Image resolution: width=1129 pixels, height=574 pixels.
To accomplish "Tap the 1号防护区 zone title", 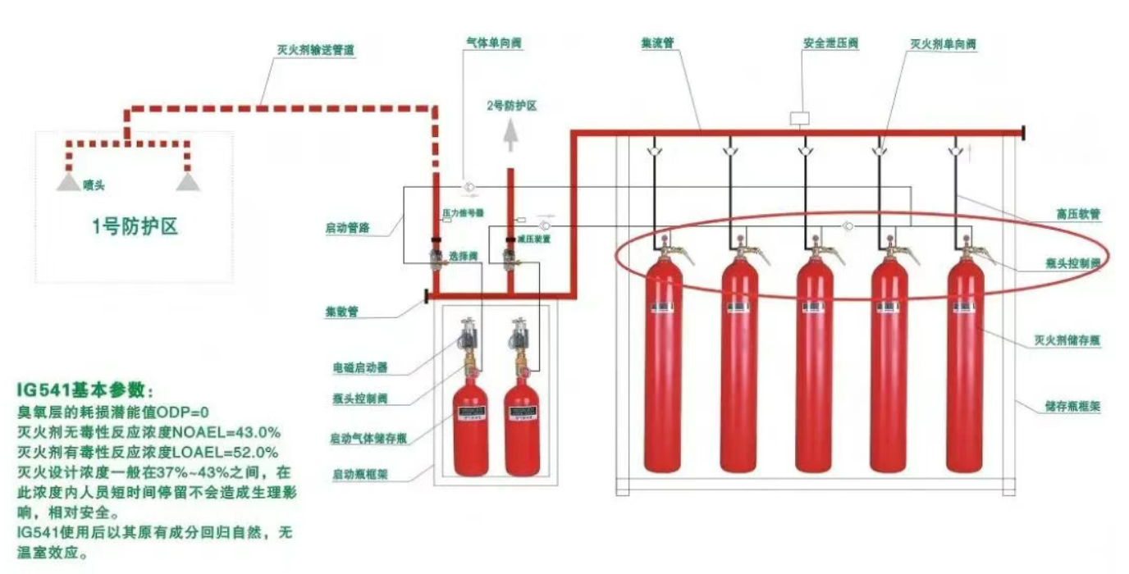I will click(135, 227).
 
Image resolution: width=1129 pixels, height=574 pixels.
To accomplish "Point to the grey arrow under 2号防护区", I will click(510, 134).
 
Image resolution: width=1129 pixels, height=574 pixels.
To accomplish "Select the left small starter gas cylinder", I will click(471, 426).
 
